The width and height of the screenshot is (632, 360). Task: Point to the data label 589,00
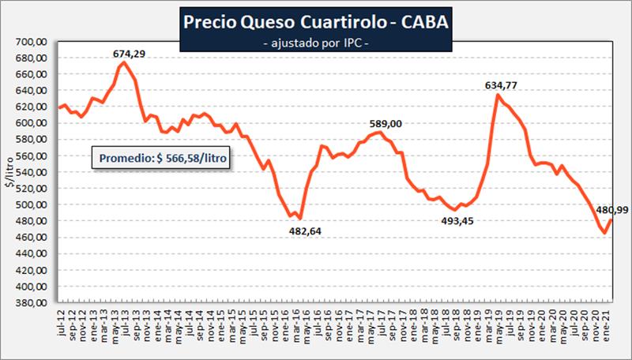(x=386, y=123)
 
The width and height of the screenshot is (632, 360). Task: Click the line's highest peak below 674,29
(x=123, y=62)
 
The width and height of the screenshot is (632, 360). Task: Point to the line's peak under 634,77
(x=498, y=95)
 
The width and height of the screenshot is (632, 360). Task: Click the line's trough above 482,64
(x=300, y=219)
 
